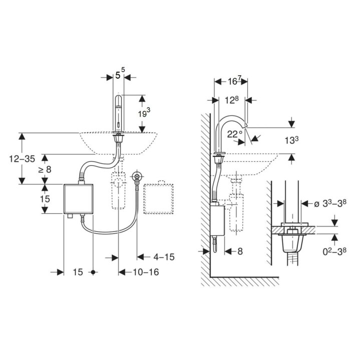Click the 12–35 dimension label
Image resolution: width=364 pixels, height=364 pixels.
[x=22, y=159]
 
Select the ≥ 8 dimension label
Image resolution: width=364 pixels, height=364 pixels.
[x=45, y=169]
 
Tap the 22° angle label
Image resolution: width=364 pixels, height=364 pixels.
[x=234, y=134]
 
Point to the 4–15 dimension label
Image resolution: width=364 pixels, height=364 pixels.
[x=164, y=257]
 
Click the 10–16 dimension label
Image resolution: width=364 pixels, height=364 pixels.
[x=146, y=272]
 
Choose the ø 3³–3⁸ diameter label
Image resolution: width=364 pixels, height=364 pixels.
[x=330, y=203]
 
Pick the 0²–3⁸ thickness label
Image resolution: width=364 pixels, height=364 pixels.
[x=334, y=251]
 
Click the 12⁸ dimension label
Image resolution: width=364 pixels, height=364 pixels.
[x=231, y=100]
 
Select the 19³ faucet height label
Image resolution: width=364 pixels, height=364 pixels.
[x=144, y=113]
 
